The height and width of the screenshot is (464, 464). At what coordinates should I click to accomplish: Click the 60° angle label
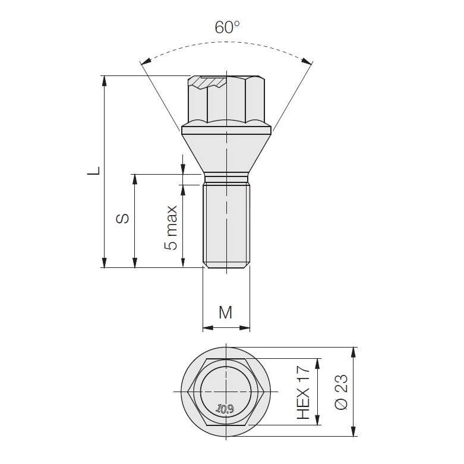click(227, 27)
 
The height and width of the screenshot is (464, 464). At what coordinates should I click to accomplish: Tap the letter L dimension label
click(94, 171)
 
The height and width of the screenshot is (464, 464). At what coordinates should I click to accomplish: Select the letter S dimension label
click(122, 218)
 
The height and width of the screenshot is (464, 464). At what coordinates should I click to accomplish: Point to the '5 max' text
click(171, 228)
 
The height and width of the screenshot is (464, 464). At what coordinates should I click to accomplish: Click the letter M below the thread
click(226, 312)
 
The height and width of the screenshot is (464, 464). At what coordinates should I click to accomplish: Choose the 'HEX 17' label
click(304, 392)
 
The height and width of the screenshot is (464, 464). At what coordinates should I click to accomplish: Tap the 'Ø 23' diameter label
click(341, 392)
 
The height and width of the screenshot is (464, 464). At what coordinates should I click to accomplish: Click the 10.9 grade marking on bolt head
click(225, 409)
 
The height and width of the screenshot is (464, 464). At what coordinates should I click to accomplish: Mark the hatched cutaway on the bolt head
click(208, 81)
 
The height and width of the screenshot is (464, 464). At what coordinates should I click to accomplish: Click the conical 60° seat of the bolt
click(226, 154)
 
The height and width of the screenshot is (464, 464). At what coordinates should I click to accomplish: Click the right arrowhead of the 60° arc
click(307, 61)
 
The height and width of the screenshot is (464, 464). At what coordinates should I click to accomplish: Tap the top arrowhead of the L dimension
click(104, 81)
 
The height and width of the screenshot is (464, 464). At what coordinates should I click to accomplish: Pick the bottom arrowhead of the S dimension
click(135, 262)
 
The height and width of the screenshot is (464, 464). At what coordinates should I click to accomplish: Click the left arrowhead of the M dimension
click(208, 328)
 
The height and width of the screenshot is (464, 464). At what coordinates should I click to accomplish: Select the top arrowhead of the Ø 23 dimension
click(353, 353)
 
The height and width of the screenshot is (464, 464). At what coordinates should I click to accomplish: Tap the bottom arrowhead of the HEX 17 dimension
click(317, 419)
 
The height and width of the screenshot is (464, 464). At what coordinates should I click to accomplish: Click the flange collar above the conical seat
click(226, 130)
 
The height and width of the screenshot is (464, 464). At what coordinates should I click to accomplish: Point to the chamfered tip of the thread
click(227, 266)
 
